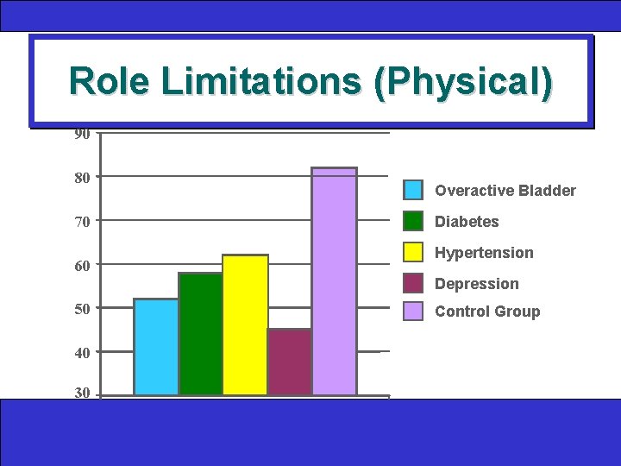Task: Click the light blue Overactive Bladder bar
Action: [x=156, y=347]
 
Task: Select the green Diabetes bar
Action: [x=201, y=334]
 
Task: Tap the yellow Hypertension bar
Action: [x=246, y=325]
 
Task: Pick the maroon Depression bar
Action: [x=290, y=362]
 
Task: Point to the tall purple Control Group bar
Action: [x=335, y=281]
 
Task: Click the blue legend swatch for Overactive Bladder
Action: [x=414, y=191]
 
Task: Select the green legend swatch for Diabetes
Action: [x=414, y=222]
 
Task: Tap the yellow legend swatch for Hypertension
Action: [x=414, y=253]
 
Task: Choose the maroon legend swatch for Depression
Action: [x=414, y=283]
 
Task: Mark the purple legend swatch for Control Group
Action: [x=414, y=312]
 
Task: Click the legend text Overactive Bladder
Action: [x=505, y=191]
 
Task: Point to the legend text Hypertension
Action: [x=484, y=253]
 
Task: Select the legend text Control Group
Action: [x=487, y=312]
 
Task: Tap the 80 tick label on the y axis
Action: [x=82, y=178]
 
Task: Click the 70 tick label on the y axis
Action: [x=82, y=222]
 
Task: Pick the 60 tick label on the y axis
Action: [x=82, y=266]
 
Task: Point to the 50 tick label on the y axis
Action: [x=82, y=309]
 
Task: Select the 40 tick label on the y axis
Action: [x=82, y=353]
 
